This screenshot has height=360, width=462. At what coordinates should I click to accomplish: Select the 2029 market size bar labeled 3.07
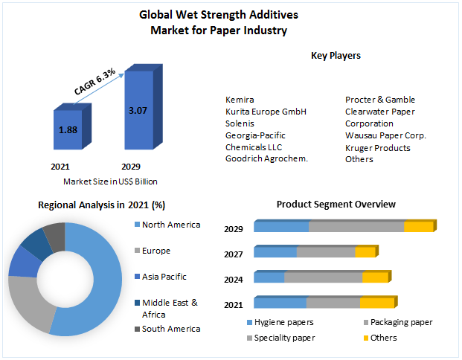coord(138,112)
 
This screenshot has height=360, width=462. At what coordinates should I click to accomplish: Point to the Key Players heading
coord(336,56)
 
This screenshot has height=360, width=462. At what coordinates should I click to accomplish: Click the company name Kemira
coord(240,100)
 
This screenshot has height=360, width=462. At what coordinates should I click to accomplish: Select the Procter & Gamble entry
coord(379,100)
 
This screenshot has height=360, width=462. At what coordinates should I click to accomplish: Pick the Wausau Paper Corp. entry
coord(385,135)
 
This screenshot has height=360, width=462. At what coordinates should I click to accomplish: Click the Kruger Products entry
coord(377,147)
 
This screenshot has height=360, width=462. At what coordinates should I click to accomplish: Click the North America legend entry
coord(170,225)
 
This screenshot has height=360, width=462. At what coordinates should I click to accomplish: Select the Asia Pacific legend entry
coord(164,277)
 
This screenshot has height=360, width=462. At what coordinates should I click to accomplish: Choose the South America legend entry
coord(170,329)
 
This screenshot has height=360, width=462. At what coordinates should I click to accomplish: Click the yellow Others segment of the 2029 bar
coord(417,227)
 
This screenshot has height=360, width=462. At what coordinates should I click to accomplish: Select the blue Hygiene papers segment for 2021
coord(280,303)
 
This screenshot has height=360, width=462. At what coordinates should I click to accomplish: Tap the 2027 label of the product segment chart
coord(234,254)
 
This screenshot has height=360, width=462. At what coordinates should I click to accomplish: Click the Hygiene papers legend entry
coord(283,322)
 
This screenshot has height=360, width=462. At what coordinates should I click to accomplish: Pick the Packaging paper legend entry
coord(401,322)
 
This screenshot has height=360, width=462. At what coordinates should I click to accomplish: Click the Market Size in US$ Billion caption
coord(110,181)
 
